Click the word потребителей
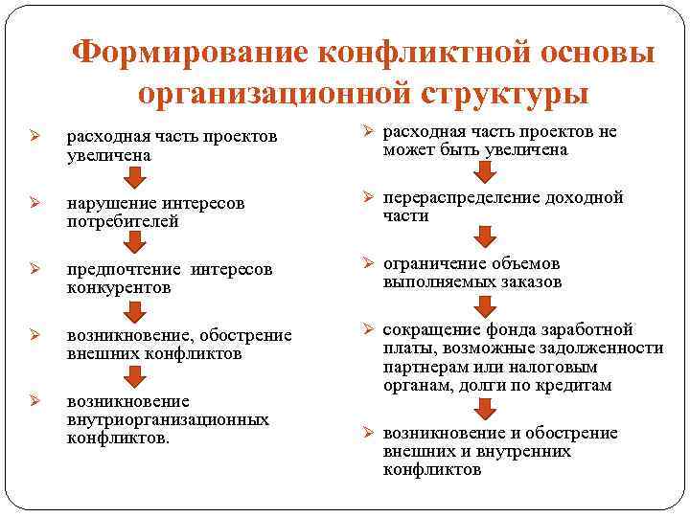pos(122,221)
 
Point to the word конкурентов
pos(119,287)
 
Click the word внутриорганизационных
pos(168,420)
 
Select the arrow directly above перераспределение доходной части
pos(486,171)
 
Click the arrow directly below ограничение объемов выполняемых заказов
pos(486,305)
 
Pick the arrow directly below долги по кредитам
pos(486,409)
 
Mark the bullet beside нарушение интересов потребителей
pos(33,203)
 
